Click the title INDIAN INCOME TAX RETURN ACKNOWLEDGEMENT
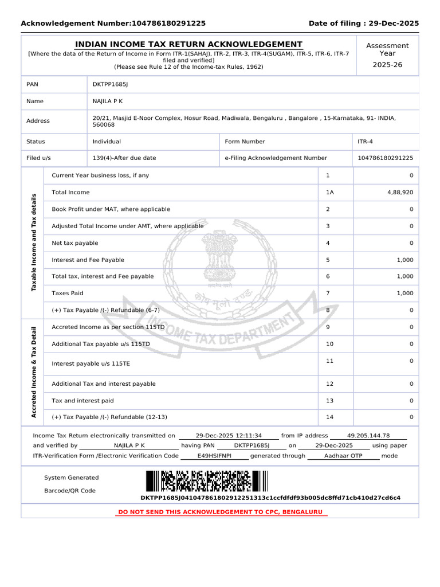pyautogui.click(x=188, y=44)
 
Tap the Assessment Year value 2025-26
pyautogui.click(x=387, y=65)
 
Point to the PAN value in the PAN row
pyautogui.click(x=111, y=84)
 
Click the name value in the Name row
pyautogui.click(x=108, y=101)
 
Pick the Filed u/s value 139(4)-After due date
pyautogui.click(x=124, y=158)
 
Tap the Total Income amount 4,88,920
pyautogui.click(x=400, y=193)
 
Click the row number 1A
pyautogui.click(x=329, y=193)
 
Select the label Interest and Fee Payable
pyautogui.click(x=88, y=260)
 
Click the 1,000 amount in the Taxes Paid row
pyautogui.click(x=404, y=293)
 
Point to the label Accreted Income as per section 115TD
pyautogui.click(x=108, y=327)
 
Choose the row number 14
pyautogui.click(x=329, y=417)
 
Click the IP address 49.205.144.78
pyautogui.click(x=368, y=436)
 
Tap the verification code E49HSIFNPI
pyautogui.click(x=214, y=456)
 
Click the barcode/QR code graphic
pyautogui.click(x=206, y=481)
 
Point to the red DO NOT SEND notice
pyautogui.click(x=220, y=511)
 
